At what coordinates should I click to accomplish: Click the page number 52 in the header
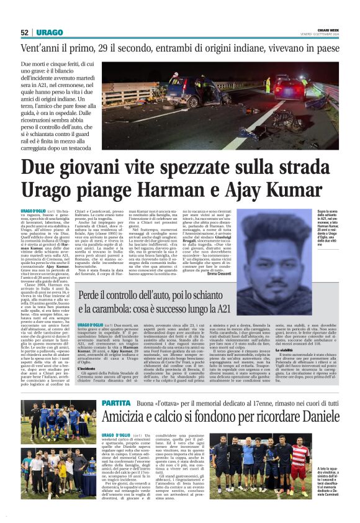pos(25,32)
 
